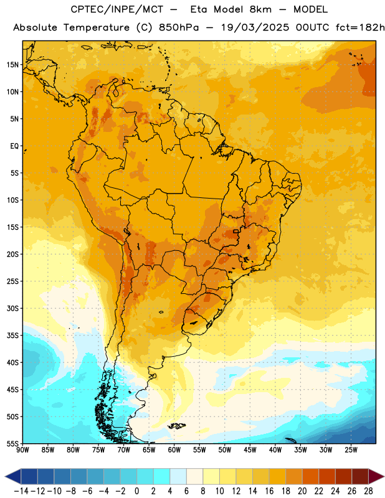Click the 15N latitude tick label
pos(12,65)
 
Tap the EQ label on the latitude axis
pos(14,146)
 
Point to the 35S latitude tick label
pos(12,336)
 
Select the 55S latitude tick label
pos(12,443)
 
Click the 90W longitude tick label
pos(22,450)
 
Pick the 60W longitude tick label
pos(174,450)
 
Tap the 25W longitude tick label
pos(351,450)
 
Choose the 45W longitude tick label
pos(250,450)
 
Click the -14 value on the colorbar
pos(21,491)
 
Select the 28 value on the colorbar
pos(368,491)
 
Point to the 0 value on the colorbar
pos(136,491)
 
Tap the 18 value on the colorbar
pos(286,491)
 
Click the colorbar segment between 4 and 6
pos(178,476)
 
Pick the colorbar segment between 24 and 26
pos(344,476)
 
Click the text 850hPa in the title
pos(179,27)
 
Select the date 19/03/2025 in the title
pos(255,27)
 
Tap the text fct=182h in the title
pos(360,27)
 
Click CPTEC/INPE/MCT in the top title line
pos(116,9)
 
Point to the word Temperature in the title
pos(97,28)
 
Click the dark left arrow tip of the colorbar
pos(6,477)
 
